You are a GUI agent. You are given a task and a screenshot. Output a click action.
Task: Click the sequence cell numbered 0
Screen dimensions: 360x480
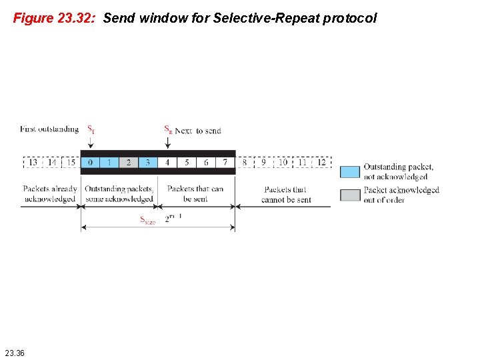click(x=90, y=162)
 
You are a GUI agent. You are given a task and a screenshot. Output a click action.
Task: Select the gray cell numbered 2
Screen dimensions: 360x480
click(x=129, y=162)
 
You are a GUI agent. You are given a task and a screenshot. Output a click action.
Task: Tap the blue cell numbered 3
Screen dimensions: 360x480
click(x=148, y=162)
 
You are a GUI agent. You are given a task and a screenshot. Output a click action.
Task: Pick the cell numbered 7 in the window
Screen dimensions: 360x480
click(x=225, y=162)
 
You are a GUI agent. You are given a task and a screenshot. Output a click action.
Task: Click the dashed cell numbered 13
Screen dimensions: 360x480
click(x=33, y=162)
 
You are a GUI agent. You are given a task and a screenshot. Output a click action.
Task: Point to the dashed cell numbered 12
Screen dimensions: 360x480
click(x=321, y=162)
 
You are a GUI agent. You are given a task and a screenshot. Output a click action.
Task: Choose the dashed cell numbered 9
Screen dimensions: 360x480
click(x=263, y=162)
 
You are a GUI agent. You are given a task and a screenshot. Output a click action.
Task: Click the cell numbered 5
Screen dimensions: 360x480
click(x=187, y=162)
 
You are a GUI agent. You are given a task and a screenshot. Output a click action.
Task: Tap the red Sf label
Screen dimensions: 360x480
click(x=91, y=129)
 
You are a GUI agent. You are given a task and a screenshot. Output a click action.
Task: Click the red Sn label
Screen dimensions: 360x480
click(x=168, y=129)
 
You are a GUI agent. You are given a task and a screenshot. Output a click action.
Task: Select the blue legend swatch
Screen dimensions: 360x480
click(x=350, y=171)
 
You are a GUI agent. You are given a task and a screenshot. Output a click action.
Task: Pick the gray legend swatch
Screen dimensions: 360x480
click(x=350, y=195)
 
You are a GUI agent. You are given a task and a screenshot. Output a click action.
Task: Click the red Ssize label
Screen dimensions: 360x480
click(x=147, y=220)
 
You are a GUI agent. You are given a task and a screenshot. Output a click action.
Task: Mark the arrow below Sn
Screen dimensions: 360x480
click(x=167, y=142)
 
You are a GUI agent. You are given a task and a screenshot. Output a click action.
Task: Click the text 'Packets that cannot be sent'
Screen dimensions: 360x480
click(x=286, y=194)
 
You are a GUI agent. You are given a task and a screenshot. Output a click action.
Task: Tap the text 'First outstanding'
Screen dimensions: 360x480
click(x=49, y=129)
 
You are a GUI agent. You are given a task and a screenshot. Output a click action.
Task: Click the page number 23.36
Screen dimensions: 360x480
click(x=14, y=352)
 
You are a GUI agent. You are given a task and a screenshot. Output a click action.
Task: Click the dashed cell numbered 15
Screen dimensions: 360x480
click(x=71, y=162)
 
